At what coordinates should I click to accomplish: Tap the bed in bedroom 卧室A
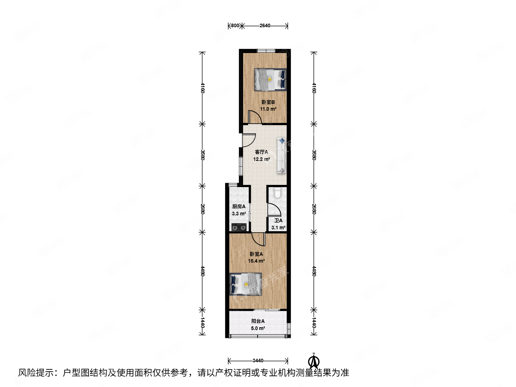pos(245,284)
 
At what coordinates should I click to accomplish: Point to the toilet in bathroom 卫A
pos(277,193)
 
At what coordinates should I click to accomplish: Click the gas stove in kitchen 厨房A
pos(239,227)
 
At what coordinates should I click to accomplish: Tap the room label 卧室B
pos(268,102)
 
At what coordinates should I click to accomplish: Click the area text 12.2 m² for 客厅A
pos(262,159)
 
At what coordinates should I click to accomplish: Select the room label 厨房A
pos(239,206)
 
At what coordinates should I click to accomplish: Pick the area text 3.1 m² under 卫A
pos(278,228)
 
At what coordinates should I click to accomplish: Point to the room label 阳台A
pos(258,321)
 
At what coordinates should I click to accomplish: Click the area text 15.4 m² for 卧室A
pos(257,261)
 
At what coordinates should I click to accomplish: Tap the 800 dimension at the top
pos(235,25)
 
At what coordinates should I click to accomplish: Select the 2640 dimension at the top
pos(265,25)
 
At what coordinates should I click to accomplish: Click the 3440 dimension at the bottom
pos(258,360)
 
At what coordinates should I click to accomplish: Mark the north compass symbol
pos(314,361)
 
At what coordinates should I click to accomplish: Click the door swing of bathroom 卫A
pos(274,210)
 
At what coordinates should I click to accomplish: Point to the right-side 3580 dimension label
pos(314,155)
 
